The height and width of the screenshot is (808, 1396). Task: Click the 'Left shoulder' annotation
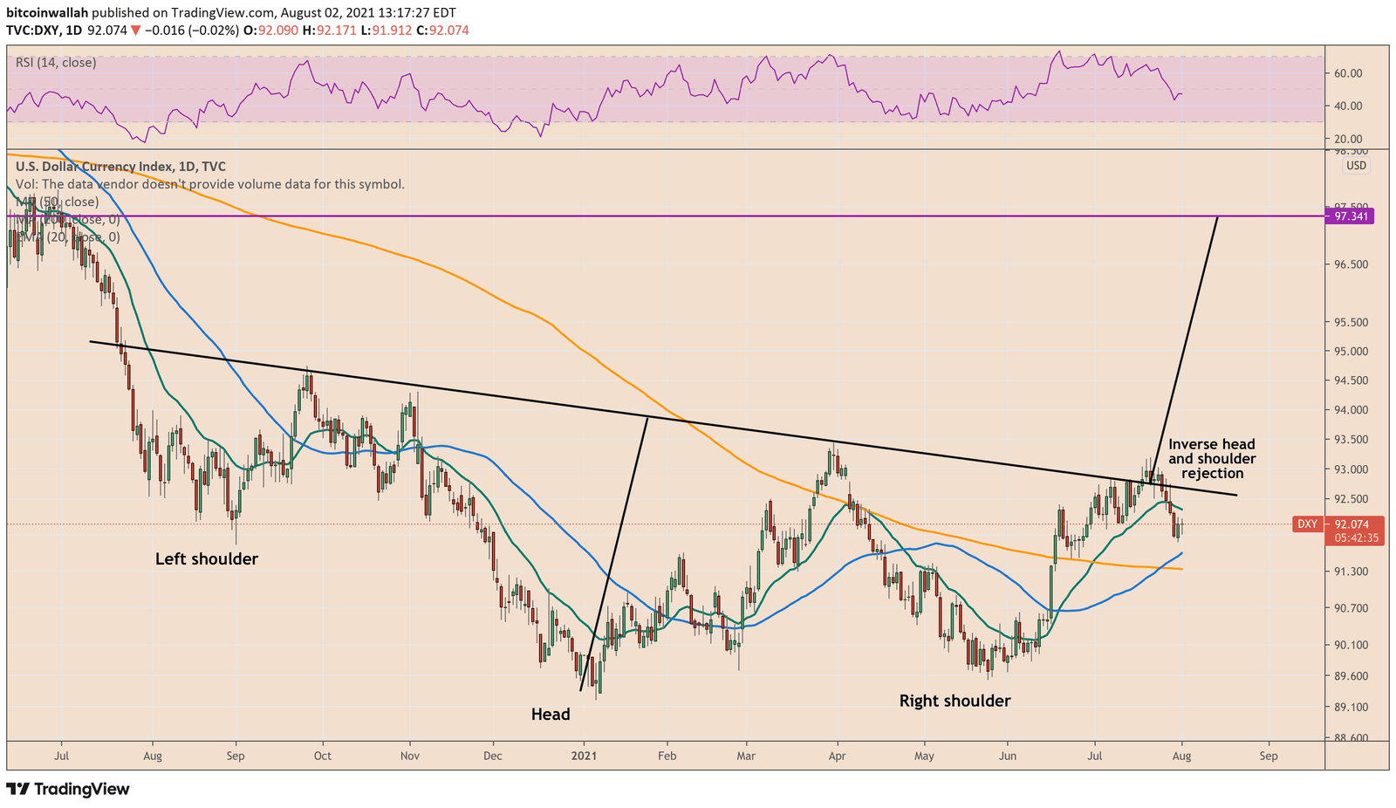click(x=207, y=558)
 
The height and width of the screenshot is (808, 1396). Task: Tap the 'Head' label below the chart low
click(x=551, y=715)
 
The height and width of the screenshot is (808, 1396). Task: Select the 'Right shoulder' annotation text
click(x=955, y=701)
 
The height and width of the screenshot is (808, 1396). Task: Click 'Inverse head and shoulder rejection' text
click(x=1212, y=459)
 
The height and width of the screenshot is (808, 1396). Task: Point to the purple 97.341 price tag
click(x=1349, y=216)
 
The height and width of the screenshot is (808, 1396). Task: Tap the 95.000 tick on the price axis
click(x=1349, y=352)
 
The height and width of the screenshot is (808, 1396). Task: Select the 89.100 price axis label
click(x=1349, y=708)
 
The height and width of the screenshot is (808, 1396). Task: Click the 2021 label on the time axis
click(x=583, y=756)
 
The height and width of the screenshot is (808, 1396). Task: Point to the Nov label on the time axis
click(x=410, y=756)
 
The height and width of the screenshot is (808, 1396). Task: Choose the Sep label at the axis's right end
click(x=1269, y=756)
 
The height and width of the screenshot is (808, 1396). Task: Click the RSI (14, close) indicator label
click(x=56, y=63)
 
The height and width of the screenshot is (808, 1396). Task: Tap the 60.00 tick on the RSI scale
click(x=1349, y=73)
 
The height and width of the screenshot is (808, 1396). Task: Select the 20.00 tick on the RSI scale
click(x=1349, y=139)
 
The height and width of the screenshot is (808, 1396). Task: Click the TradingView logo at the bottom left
click(x=68, y=789)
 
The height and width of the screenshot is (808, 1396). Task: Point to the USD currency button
click(x=1356, y=166)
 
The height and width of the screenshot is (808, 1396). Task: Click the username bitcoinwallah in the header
click(x=46, y=13)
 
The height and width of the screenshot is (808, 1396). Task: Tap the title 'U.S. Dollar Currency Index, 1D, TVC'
click(x=120, y=167)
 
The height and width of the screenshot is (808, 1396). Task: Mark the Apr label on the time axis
click(x=838, y=756)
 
